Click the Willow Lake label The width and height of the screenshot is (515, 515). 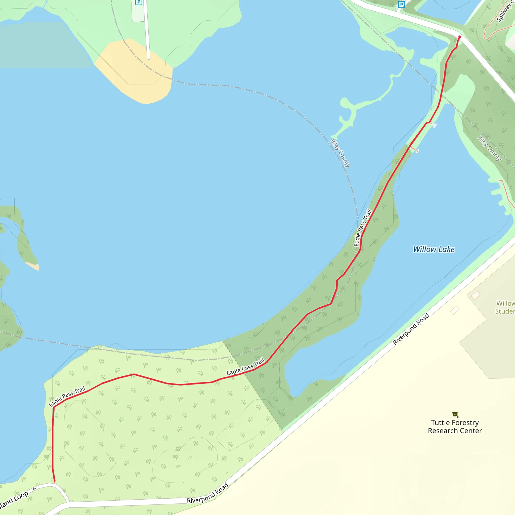click(434, 249)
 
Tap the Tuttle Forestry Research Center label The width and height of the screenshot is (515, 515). click(455, 426)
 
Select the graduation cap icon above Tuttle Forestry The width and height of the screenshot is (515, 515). click(455, 414)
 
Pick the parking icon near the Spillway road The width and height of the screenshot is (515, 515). click(401, 5)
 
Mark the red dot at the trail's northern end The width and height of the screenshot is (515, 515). click(460, 37)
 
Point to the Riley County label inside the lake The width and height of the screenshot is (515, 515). click(340, 153)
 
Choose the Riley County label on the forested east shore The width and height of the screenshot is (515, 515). click(489, 148)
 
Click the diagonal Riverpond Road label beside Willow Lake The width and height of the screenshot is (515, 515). click(411, 329)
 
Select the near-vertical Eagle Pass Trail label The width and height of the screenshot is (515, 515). click(363, 228)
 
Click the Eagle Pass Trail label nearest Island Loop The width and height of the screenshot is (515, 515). click(67, 397)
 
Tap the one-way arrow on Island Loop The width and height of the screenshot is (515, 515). click(35, 489)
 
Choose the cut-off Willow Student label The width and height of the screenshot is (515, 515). click(505, 307)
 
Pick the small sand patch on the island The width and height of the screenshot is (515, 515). click(32, 266)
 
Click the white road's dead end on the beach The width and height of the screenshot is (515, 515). click(148, 58)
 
